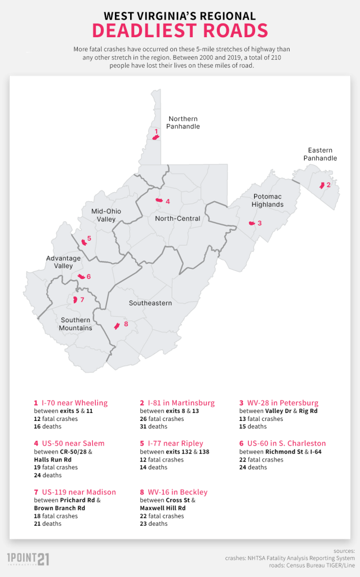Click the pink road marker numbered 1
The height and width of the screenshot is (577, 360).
(156, 136)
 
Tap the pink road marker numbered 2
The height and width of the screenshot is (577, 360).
(322, 185)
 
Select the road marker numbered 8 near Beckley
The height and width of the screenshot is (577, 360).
(117, 326)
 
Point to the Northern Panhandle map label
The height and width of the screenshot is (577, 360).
(183, 122)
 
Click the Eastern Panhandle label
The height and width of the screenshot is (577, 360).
(320, 154)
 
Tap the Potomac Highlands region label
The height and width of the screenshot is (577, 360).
(268, 200)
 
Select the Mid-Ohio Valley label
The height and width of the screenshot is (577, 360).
(106, 215)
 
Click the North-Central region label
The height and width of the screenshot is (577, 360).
(177, 218)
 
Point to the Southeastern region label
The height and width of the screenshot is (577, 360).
(150, 303)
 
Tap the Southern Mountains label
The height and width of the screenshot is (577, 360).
(75, 324)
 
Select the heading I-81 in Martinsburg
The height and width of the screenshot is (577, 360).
(177, 403)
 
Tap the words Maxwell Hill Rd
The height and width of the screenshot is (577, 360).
(163, 508)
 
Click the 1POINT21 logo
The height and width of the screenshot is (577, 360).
(28, 558)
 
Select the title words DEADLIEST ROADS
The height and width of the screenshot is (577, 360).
(180, 30)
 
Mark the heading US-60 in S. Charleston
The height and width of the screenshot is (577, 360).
(282, 443)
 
